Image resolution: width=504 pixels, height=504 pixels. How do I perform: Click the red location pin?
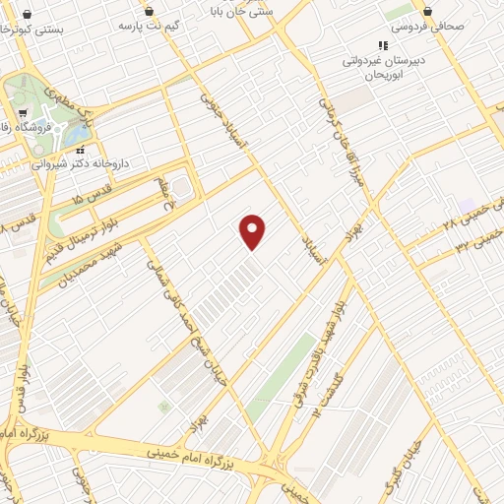tap(253, 231)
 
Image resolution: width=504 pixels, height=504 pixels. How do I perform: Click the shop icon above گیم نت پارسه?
tap(149, 11)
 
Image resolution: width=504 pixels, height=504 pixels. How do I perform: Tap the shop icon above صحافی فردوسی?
tap(428, 11)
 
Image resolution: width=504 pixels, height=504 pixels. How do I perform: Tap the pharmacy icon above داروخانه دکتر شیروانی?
tap(81, 150)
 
